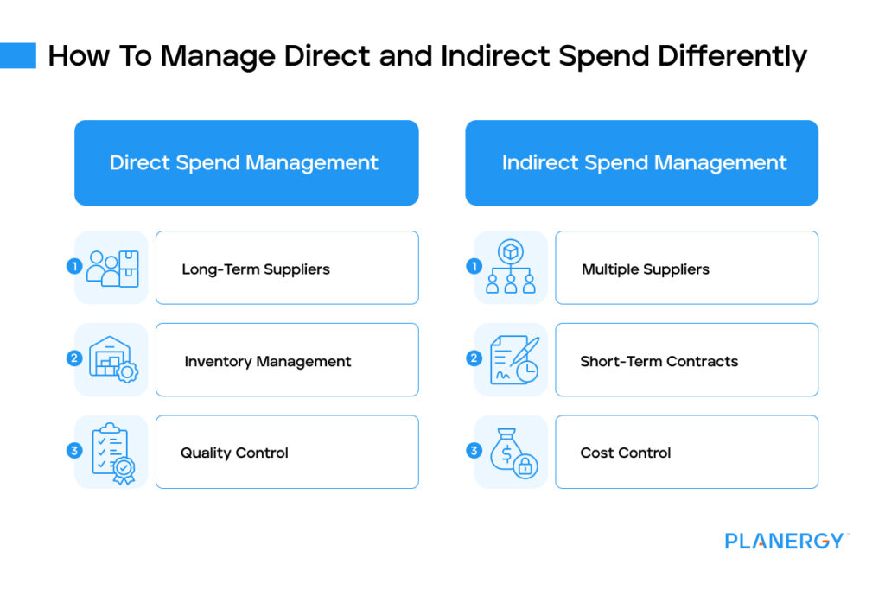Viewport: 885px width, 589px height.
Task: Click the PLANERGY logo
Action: point(786,541)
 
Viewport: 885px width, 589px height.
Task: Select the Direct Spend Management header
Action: point(244,162)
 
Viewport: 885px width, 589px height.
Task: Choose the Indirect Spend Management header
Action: point(644,162)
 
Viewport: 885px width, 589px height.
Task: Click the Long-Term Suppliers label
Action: point(256,269)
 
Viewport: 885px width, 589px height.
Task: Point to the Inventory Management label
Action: point(268,361)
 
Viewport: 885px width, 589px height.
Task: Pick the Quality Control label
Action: point(234,453)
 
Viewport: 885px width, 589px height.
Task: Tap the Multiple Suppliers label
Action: point(645,269)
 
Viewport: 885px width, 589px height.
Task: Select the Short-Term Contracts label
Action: point(659,361)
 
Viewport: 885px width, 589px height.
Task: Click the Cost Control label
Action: point(626,453)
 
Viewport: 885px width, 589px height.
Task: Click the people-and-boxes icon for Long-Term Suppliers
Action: point(113,268)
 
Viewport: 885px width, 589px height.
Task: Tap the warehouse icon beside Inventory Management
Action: point(113,360)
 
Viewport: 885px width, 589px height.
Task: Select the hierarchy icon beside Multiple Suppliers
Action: point(512,268)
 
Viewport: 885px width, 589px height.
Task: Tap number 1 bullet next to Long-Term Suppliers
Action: point(73,267)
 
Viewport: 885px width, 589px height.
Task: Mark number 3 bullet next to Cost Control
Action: point(474,450)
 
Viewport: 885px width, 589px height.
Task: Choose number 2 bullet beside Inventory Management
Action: point(73,358)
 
